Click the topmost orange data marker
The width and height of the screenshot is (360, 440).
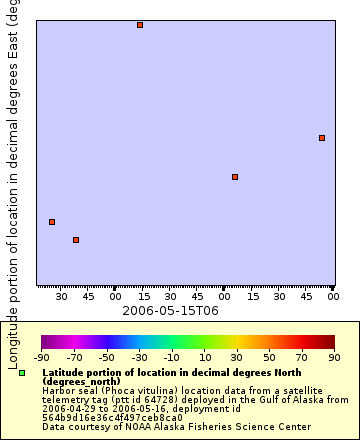pyautogui.click(x=140, y=25)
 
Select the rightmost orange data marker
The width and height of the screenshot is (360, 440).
pyautogui.click(x=322, y=138)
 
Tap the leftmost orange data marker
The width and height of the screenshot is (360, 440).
pyautogui.click(x=52, y=222)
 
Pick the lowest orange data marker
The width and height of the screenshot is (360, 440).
pyautogui.click(x=76, y=240)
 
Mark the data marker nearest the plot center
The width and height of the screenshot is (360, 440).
pyautogui.click(x=235, y=177)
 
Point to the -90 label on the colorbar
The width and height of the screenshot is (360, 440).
pyautogui.click(x=41, y=357)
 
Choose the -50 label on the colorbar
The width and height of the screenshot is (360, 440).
pyautogui.click(x=106, y=357)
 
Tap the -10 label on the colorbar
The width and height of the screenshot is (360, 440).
pyautogui.click(x=171, y=357)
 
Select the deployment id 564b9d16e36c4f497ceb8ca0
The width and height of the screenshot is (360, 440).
pyautogui.click(x=112, y=417)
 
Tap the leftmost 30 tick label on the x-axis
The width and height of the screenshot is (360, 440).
pyautogui.click(x=61, y=297)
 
